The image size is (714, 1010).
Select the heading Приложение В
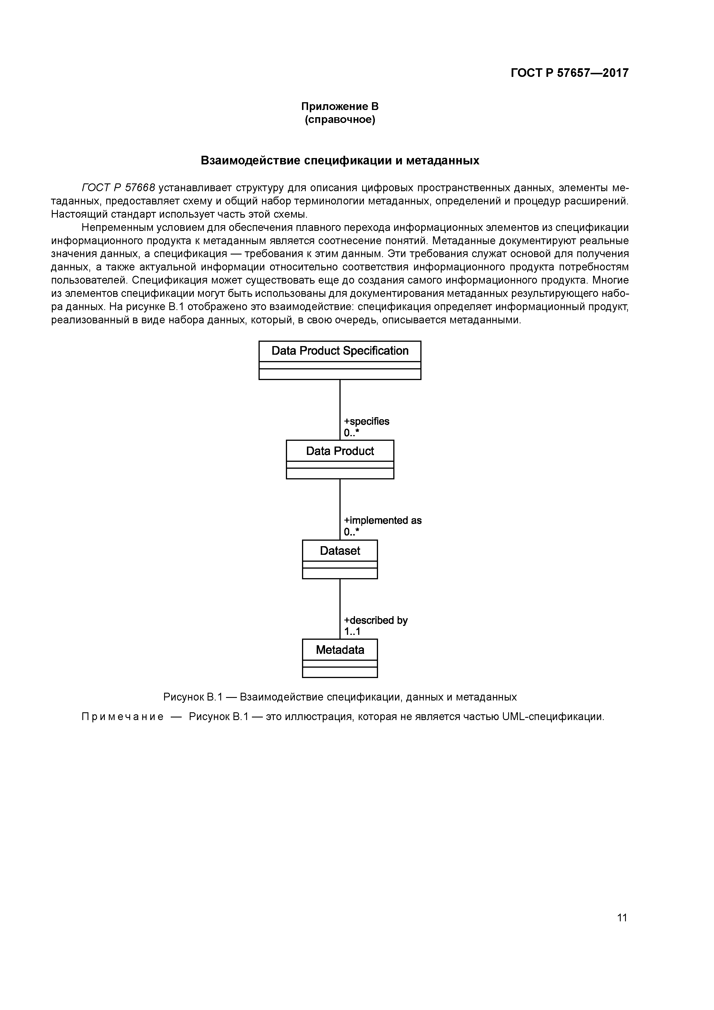[x=340, y=107]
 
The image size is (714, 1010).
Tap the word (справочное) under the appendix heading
[x=340, y=120]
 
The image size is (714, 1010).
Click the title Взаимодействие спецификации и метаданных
[x=340, y=161]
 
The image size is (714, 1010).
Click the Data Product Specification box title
[x=340, y=351]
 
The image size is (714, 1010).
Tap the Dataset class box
[x=340, y=558]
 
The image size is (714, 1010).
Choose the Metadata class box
[x=340, y=657]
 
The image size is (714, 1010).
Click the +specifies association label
[x=367, y=422]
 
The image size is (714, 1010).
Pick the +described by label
[x=376, y=620]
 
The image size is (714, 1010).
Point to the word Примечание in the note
[x=122, y=717]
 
